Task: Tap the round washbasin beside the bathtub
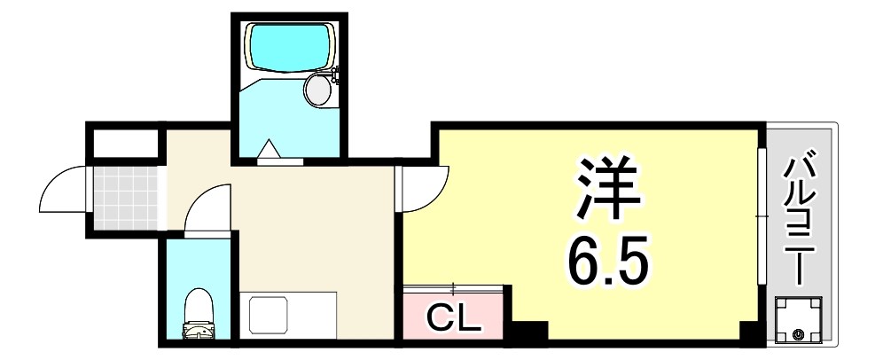(317, 89)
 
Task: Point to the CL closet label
(452, 317)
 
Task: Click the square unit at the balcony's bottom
(800, 321)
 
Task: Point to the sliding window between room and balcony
(762, 217)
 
